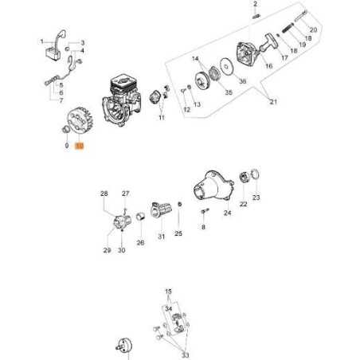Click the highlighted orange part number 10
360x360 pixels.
click(x=78, y=147)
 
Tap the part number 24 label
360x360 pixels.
click(x=227, y=213)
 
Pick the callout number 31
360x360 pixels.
click(x=162, y=235)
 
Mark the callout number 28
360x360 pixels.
click(x=104, y=194)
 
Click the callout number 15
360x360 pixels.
click(x=168, y=292)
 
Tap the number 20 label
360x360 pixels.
click(x=313, y=30)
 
